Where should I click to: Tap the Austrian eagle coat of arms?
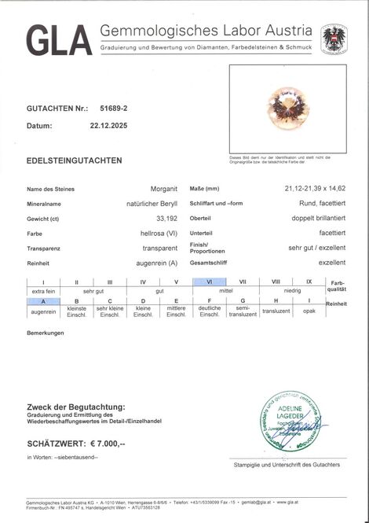(x=334, y=39)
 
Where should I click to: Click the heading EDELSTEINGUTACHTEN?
(x=74, y=160)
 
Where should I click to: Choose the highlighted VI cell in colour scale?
(x=210, y=282)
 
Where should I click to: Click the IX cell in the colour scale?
(x=309, y=282)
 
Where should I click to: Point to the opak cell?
(x=309, y=311)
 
